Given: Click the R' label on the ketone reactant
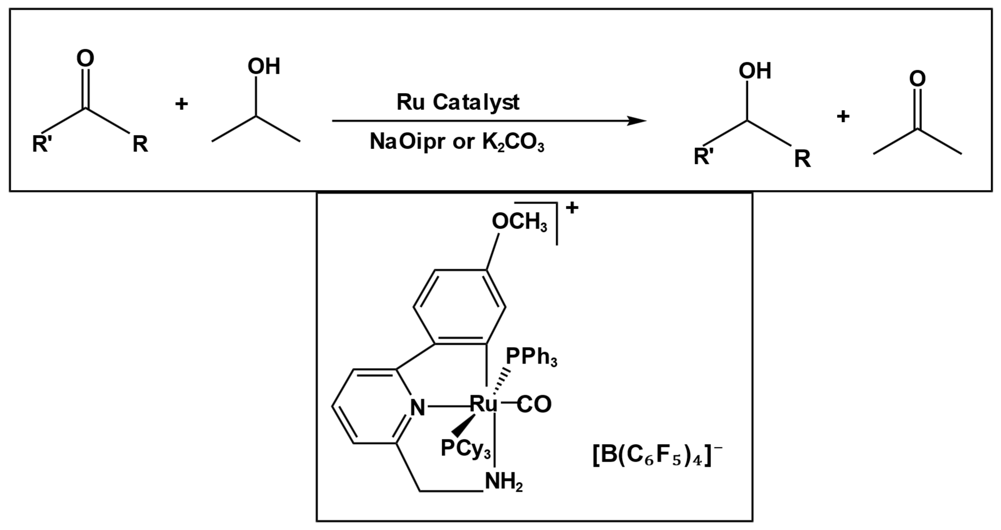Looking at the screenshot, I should point(42,144).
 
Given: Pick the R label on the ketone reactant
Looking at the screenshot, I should point(140,144).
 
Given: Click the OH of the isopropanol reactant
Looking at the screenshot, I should point(264,66).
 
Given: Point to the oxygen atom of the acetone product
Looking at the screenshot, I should point(917,79).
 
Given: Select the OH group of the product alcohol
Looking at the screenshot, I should point(755,71).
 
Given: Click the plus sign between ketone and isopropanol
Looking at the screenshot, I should point(181,104).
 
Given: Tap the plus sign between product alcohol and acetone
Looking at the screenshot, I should point(843,116).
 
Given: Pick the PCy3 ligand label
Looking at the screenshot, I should point(465,448).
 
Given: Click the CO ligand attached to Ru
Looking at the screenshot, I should point(534,404).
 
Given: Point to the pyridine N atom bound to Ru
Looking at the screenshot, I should point(418,408).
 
